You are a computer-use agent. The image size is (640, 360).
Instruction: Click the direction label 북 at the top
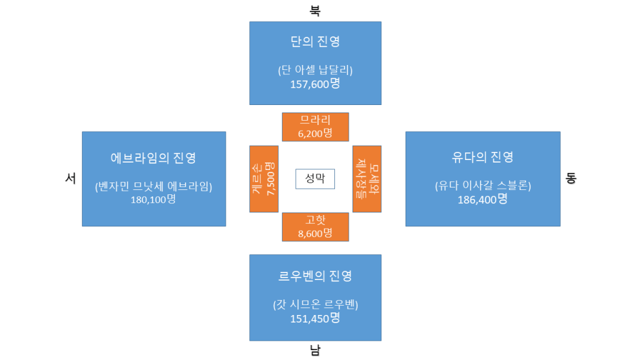[x=315, y=11]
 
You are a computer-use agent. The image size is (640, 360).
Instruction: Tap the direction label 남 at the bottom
[x=315, y=350]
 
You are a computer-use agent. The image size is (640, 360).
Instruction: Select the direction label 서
[x=71, y=178]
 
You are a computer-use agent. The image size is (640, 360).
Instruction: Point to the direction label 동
[x=571, y=178]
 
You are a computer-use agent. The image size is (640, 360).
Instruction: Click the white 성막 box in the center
[x=315, y=179]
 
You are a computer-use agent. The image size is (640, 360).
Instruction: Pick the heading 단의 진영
[x=315, y=42]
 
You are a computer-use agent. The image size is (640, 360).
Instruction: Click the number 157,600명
[x=315, y=83]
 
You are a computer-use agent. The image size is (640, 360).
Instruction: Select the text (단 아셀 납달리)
[x=315, y=69]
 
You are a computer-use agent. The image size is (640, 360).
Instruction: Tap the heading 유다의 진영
[x=482, y=156]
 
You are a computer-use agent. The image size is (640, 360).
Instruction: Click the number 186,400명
[x=482, y=199]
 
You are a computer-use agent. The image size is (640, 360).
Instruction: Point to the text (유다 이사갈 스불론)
[x=482, y=186]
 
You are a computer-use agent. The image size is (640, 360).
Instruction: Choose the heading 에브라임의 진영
[x=154, y=157]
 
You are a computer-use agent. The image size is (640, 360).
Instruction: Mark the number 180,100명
[x=154, y=200]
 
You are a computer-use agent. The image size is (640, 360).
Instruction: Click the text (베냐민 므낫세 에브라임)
[x=154, y=186]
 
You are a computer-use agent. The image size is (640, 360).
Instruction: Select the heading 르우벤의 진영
[x=315, y=276]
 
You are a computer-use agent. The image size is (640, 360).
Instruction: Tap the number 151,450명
[x=315, y=318]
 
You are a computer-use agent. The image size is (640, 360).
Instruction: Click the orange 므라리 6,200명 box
[x=315, y=126]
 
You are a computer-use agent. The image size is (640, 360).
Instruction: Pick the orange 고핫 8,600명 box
[x=315, y=227]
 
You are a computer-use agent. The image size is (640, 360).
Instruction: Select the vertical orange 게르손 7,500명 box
[x=264, y=179]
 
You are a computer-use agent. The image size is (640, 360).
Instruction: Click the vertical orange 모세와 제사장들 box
[x=367, y=179]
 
